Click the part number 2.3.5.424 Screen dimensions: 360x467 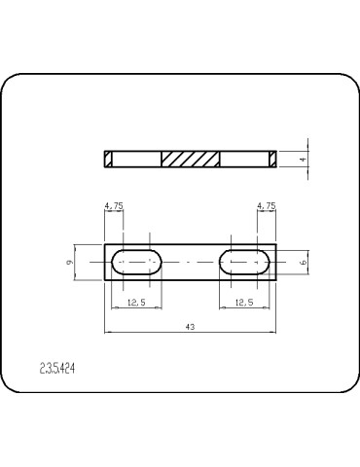[57, 369]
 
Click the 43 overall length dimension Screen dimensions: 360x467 [191, 327]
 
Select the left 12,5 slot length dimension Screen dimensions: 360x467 [136, 303]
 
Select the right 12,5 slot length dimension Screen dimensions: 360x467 [244, 303]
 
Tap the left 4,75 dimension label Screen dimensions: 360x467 [114, 205]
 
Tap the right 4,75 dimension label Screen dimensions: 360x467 [267, 205]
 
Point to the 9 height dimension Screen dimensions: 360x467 [69, 262]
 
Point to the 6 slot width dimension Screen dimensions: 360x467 [304, 263]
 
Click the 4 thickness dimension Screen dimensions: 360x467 [303, 160]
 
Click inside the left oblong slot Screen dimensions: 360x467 [136, 262]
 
